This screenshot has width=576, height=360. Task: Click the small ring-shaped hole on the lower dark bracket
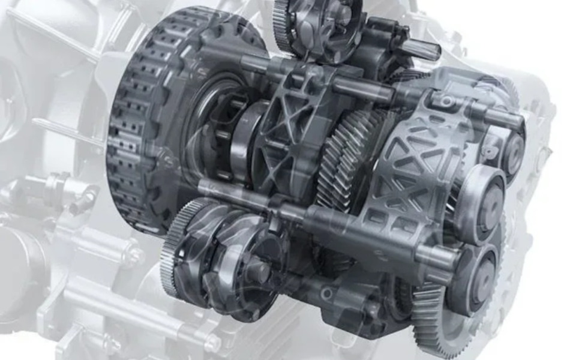pyautogui.click(x=326, y=293)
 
